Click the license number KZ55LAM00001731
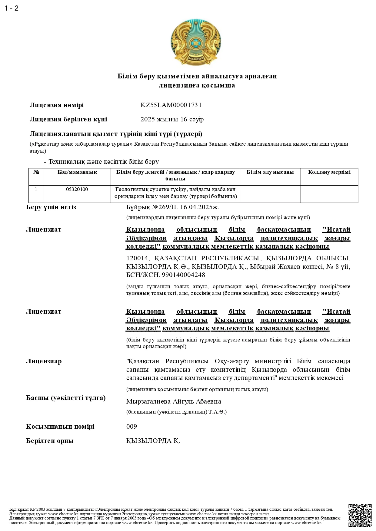[171, 105]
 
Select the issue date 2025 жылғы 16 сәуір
[172, 119]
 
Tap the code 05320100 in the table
[77, 190]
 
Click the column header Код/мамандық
[77, 172]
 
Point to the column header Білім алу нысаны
[270, 172]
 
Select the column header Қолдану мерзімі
[329, 172]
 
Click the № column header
[36, 172]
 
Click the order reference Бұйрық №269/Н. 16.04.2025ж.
[172, 207]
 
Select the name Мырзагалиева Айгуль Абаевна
[174, 401]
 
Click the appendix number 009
[131, 427]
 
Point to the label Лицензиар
[44, 361]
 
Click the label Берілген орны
[50, 441]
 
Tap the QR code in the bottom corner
[360, 515]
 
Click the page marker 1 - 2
[12, 8]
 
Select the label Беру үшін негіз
[51, 207]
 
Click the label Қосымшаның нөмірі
[60, 427]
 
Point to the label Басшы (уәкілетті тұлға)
[66, 398]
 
